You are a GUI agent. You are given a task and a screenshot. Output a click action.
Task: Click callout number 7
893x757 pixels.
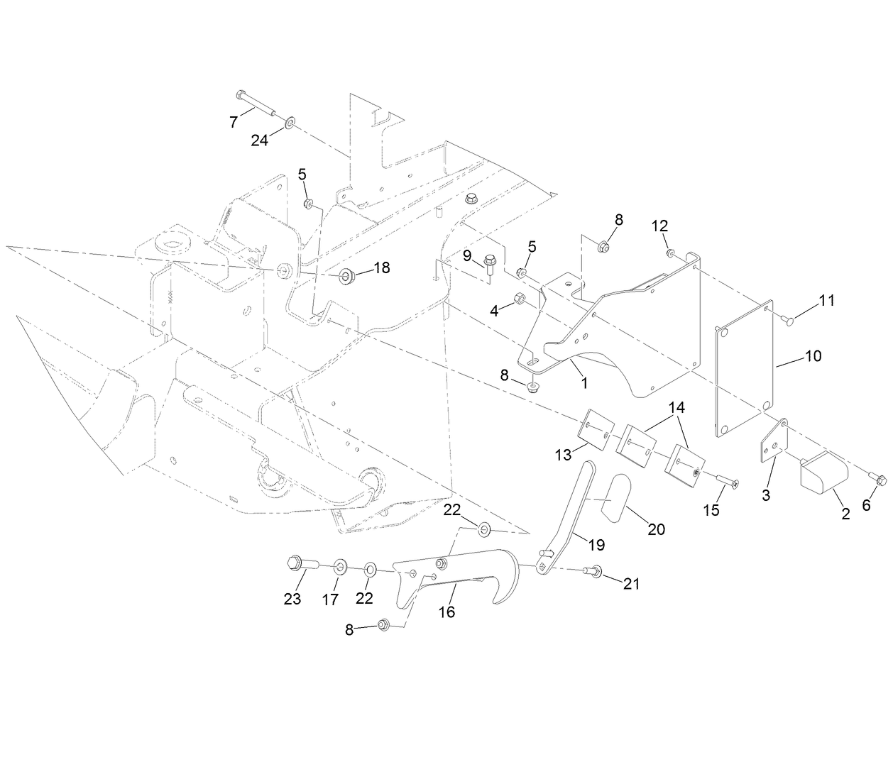[234, 121]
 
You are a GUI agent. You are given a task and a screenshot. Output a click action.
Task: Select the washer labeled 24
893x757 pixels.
[291, 124]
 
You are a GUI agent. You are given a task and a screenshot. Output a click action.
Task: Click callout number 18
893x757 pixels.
[382, 267]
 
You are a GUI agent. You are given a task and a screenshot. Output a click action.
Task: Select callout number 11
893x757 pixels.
[826, 300]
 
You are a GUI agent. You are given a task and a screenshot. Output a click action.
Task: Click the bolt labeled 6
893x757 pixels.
[878, 480]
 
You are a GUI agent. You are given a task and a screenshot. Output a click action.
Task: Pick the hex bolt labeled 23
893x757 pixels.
[299, 565]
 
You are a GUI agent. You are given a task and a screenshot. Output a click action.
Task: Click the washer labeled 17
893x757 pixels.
[339, 566]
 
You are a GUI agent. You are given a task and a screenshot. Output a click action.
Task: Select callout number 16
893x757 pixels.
[446, 611]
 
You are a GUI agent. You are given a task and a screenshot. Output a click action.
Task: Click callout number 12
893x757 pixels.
[659, 226]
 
